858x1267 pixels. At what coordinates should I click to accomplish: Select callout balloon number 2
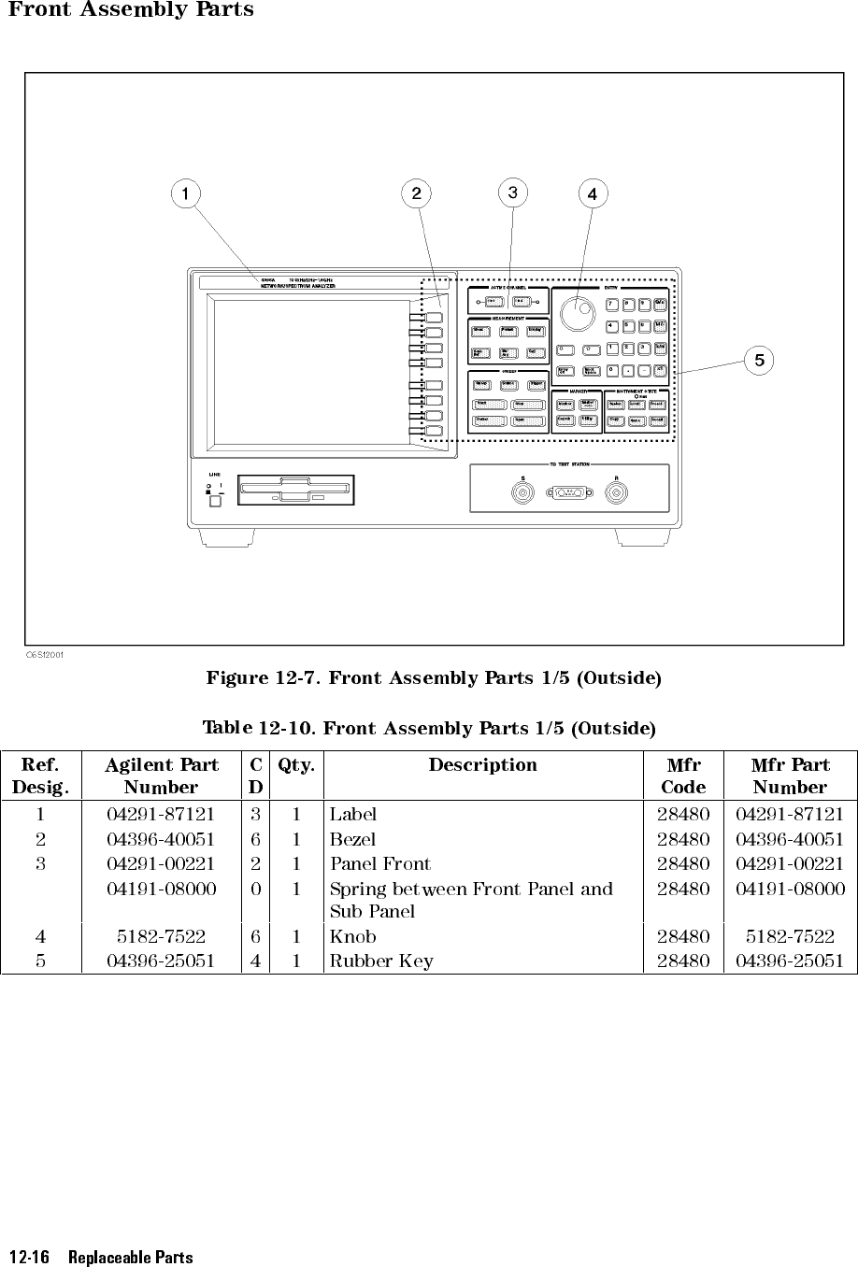416,193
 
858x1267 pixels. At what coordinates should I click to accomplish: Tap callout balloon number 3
512,192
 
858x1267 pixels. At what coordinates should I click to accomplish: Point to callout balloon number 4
592,194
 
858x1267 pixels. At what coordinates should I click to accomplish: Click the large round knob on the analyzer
579,311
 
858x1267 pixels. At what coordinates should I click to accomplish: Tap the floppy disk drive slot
296,489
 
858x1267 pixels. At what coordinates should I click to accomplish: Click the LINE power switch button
216,501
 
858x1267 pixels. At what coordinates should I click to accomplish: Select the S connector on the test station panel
522,492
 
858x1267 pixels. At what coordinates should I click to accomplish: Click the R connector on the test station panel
616,492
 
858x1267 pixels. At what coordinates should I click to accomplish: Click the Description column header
482,765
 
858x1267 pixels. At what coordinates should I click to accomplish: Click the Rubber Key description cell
381,961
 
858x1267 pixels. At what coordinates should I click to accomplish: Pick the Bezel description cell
352,839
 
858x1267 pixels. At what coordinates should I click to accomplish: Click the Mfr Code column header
683,776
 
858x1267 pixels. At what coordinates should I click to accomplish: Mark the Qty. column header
296,765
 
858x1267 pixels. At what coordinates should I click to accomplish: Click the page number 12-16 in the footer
29,1257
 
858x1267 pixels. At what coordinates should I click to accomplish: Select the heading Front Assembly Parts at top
131,10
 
